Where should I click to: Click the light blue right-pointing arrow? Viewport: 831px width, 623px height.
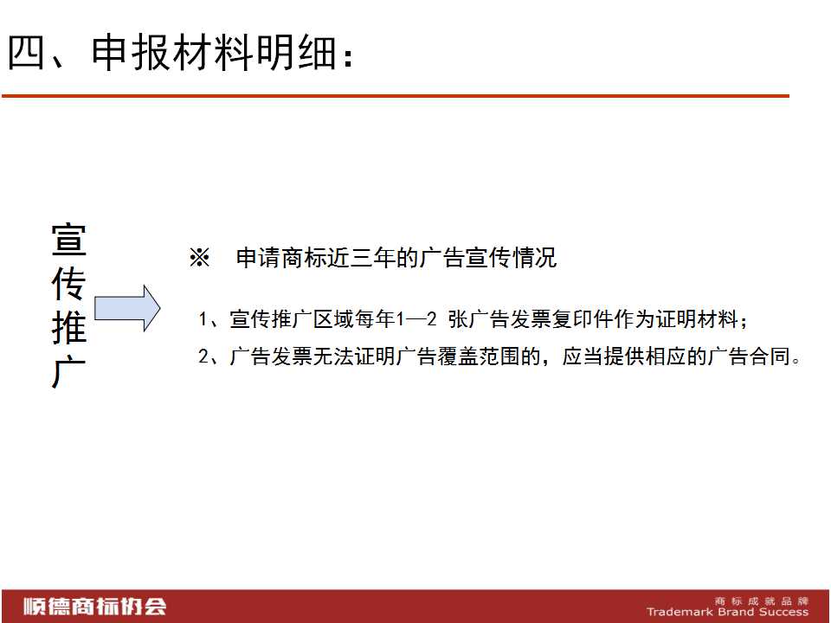[127, 308]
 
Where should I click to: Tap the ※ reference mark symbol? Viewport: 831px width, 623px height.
[200, 258]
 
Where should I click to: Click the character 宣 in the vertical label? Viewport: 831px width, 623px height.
[69, 240]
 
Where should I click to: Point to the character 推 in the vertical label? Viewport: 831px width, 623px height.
[69, 328]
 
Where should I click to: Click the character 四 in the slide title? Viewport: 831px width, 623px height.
[25, 52]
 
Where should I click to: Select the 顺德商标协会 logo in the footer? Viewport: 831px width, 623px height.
[95, 607]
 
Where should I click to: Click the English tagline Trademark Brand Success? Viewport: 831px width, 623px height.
[728, 612]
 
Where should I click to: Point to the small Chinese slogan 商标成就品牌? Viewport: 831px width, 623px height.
[762, 601]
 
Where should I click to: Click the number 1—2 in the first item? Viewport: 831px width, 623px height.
[416, 319]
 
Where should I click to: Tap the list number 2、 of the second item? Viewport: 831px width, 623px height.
[208, 356]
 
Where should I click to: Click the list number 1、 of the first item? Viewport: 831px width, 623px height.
[208, 319]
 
